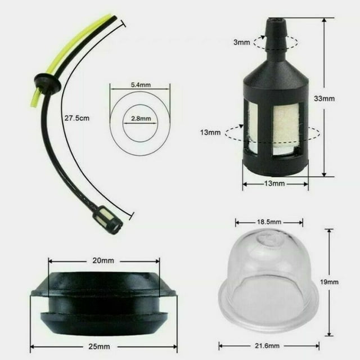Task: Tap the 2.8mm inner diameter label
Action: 139,119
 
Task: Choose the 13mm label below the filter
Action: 275,183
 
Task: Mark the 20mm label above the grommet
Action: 103,260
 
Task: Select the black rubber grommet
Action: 103,301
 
